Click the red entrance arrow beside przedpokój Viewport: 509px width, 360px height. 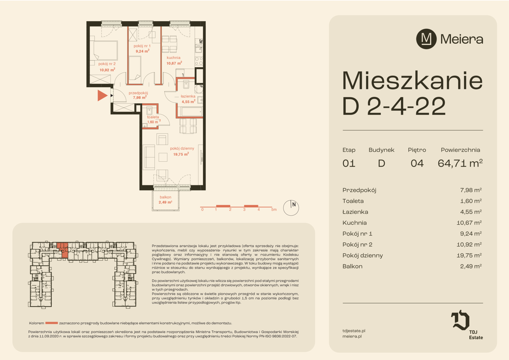point(102,96)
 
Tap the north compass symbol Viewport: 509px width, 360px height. point(291,208)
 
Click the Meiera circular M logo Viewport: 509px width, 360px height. point(426,39)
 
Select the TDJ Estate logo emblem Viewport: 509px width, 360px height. point(460,320)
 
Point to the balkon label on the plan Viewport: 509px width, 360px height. point(166,197)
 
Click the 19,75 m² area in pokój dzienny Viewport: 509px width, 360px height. point(181,154)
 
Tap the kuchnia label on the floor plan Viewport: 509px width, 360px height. point(173,58)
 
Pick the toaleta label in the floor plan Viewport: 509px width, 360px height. point(153,117)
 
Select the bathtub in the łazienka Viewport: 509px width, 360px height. point(192,112)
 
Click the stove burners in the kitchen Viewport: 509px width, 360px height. point(199,61)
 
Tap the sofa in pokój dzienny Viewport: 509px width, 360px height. point(149,157)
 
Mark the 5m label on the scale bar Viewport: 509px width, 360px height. point(274,209)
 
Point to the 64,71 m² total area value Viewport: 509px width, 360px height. point(460,163)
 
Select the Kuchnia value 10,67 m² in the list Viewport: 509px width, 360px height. point(469,223)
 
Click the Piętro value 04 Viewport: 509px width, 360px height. point(417,163)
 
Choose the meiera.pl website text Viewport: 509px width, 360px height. point(352,336)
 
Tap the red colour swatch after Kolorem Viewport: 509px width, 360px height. point(52,323)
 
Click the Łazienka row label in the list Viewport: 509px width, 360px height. point(355,212)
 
